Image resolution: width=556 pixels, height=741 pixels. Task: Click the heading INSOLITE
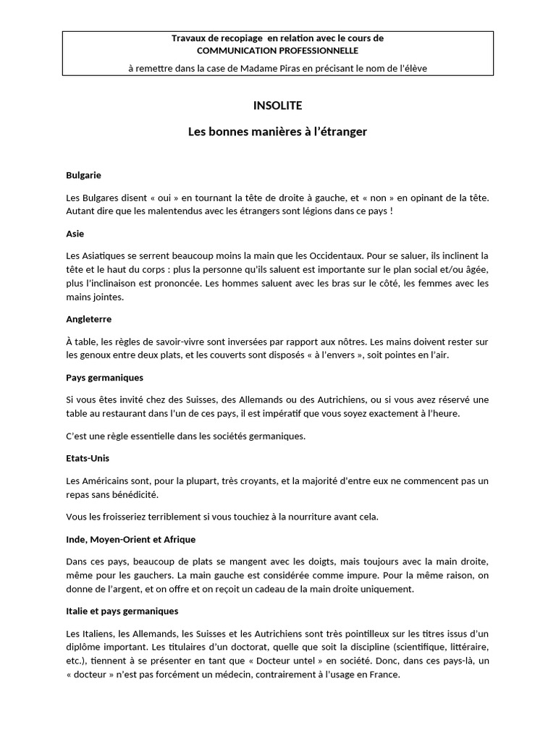[x=277, y=106]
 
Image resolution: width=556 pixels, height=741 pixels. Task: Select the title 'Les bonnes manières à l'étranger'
[x=277, y=132]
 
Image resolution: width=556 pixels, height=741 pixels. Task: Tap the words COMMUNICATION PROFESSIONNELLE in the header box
[x=278, y=51]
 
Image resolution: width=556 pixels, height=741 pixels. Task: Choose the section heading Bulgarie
[x=83, y=175]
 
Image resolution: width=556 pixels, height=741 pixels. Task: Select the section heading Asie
[x=75, y=234]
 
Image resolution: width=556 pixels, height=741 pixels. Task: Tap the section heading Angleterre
[x=88, y=318]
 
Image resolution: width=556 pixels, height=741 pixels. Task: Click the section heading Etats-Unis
[x=87, y=458]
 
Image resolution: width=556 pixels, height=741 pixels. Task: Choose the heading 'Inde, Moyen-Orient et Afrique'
[x=130, y=539]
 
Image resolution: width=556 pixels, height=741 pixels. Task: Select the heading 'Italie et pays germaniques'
[x=122, y=611]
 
